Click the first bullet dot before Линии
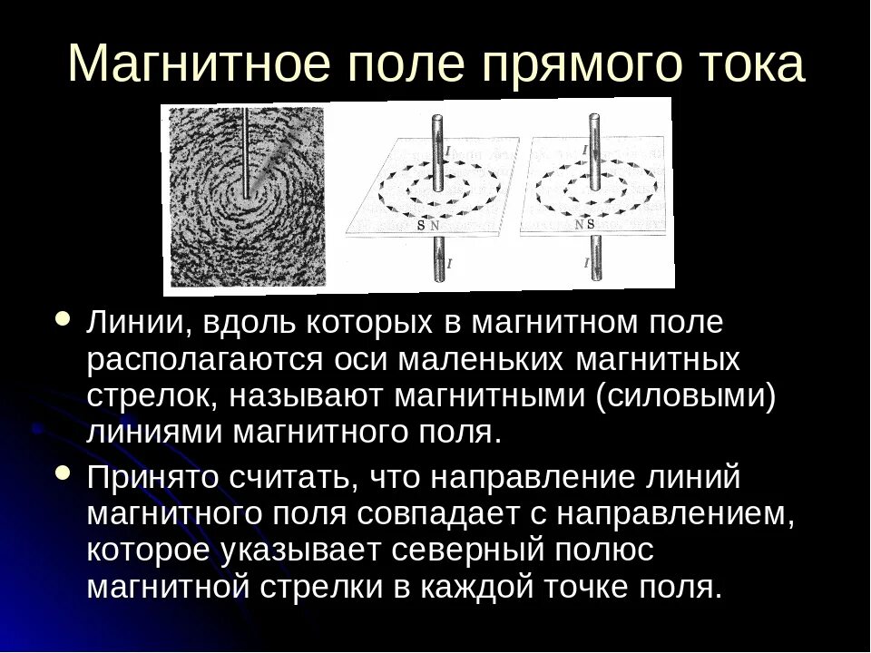(63, 321)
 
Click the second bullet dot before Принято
(63, 473)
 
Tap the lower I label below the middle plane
(447, 264)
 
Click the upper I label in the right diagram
(584, 149)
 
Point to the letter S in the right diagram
(591, 223)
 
